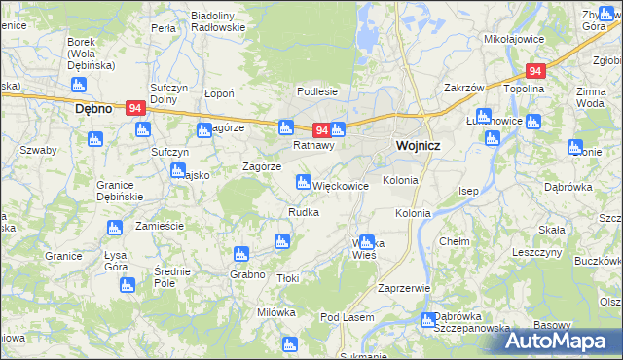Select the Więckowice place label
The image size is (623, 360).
coord(340,185)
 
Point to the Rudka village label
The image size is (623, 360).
coord(303,212)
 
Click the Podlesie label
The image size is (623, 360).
coord(317,91)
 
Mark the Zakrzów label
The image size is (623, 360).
coord(464,88)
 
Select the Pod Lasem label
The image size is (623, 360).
coord(347,317)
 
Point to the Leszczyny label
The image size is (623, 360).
coord(536,251)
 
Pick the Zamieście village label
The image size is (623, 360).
coord(160,225)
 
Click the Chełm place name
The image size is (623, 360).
coord(455,240)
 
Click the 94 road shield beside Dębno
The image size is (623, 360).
coord(137,109)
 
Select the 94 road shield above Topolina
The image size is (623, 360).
coord(534,71)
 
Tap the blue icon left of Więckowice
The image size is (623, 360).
coord(303,181)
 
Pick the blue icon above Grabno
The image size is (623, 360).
coord(239,254)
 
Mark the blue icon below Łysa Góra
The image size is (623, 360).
coord(127,285)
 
